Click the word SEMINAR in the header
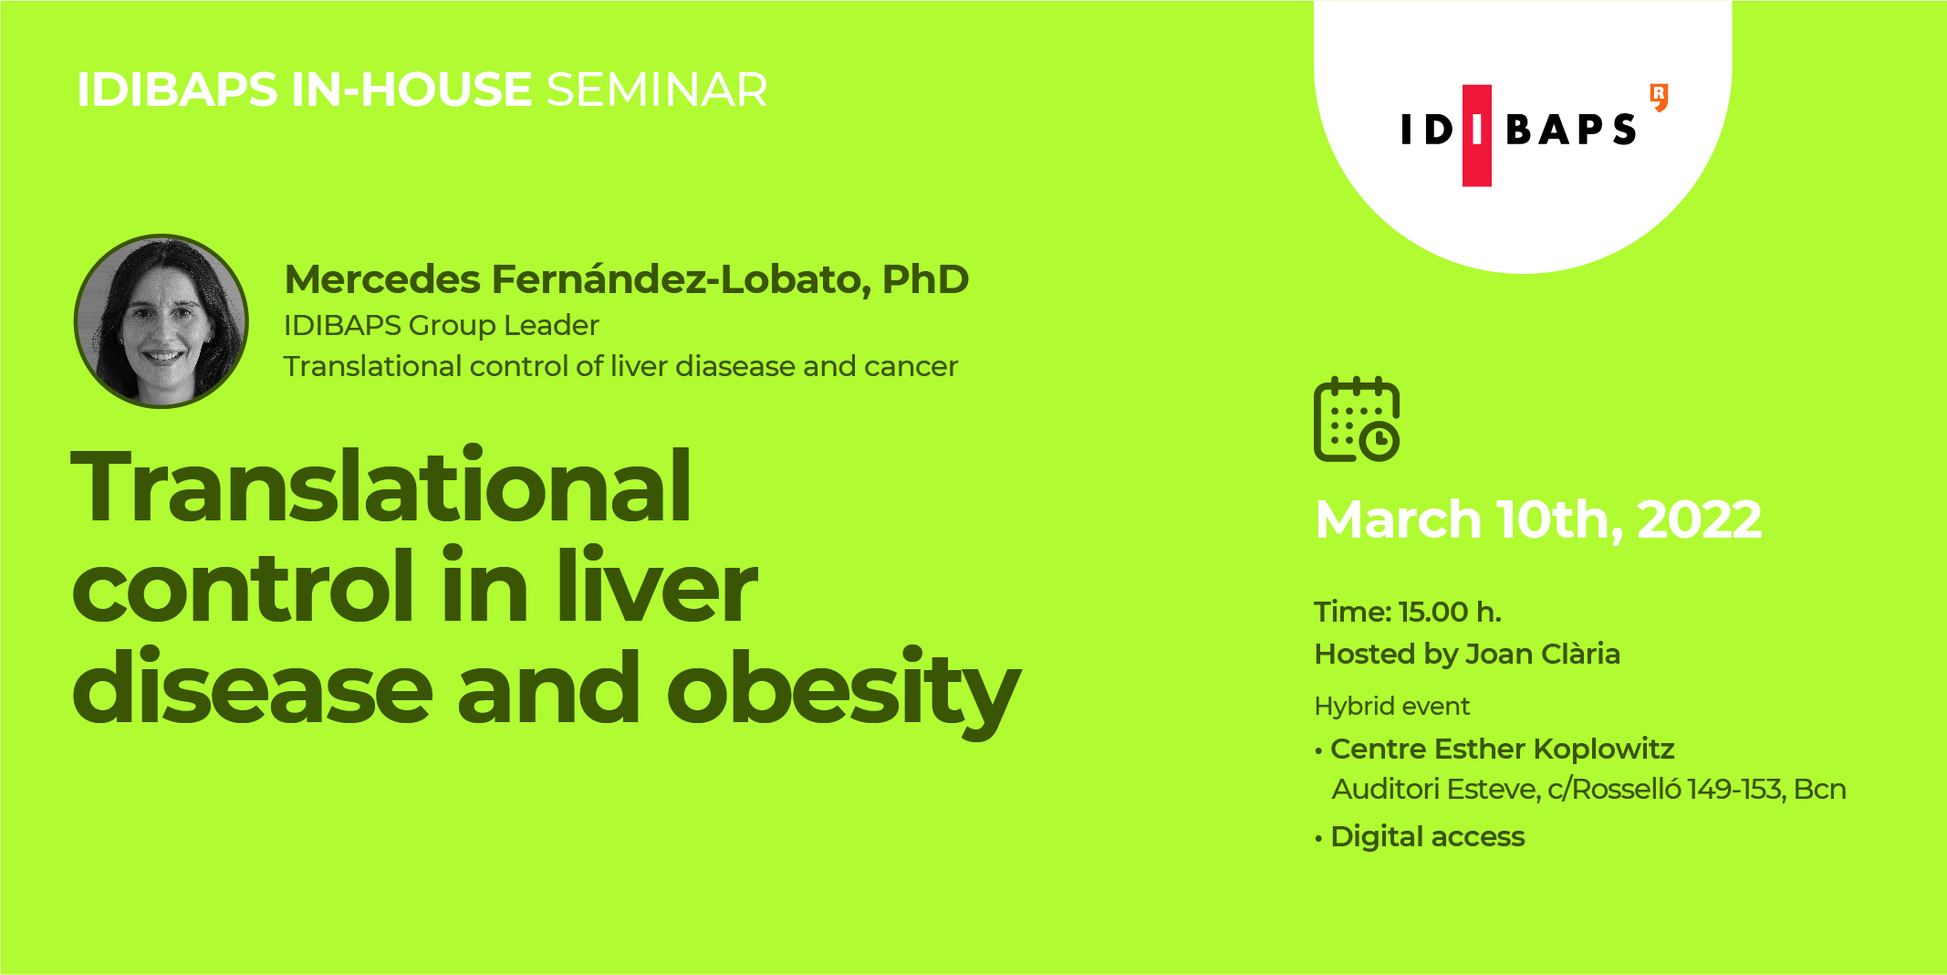[x=657, y=89]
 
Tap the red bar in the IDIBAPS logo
[x=1477, y=135]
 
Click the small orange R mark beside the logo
[x=1659, y=97]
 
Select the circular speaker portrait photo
[x=161, y=321]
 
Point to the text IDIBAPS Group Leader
[x=442, y=325]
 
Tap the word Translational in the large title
[x=381, y=487]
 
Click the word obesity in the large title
[x=843, y=690]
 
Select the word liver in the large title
[x=657, y=588]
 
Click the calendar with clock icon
[x=1357, y=420]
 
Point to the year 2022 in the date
[x=1699, y=519]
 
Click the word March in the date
[x=1398, y=519]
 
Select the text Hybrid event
[x=1392, y=706]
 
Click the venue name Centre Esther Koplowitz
[x=1502, y=749]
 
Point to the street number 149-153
[x=1735, y=789]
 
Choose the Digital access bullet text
[x=1427, y=836]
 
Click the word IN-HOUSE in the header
[x=411, y=89]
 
